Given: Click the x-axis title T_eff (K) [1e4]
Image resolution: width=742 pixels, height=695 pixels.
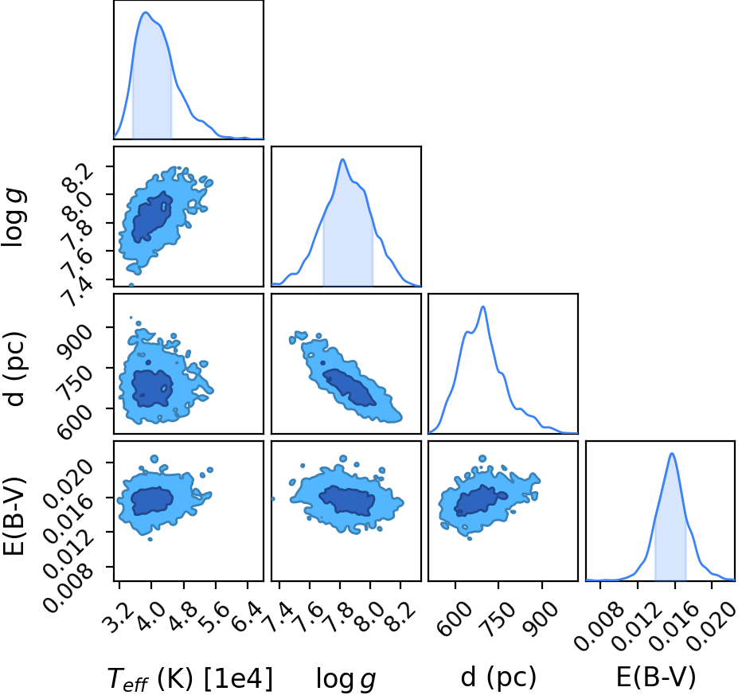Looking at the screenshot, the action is [x=190, y=678].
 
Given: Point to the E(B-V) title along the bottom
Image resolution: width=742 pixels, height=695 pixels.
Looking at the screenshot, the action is [x=656, y=677].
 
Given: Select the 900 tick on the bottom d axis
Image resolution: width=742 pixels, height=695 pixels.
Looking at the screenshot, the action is [x=538, y=619].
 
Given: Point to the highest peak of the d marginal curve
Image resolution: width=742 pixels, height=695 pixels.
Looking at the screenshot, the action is [x=483, y=307].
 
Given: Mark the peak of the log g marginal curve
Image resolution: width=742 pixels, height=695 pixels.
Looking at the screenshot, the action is [x=342, y=159].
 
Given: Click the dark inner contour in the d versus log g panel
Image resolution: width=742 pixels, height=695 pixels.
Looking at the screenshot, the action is [x=350, y=387].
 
